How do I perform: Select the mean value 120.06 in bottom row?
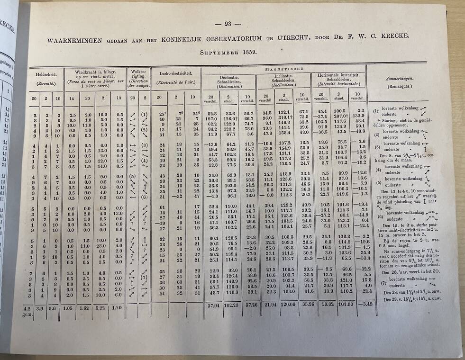tap(284, 305)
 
